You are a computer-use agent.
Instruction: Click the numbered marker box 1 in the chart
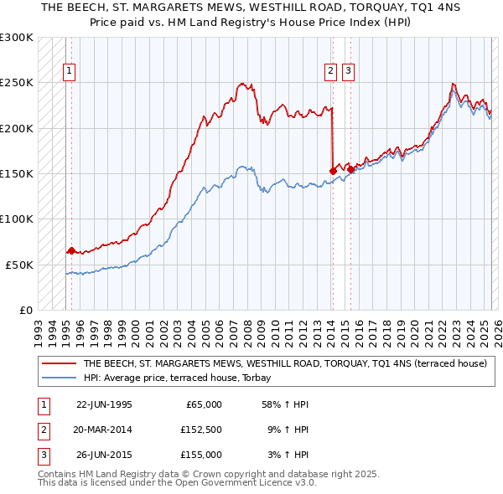click(x=68, y=71)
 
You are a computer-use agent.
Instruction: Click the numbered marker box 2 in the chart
click(x=331, y=71)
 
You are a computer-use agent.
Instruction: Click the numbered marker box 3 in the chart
click(x=347, y=71)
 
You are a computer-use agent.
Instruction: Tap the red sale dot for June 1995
click(x=71, y=250)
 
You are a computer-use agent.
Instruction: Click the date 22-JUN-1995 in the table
click(x=104, y=404)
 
